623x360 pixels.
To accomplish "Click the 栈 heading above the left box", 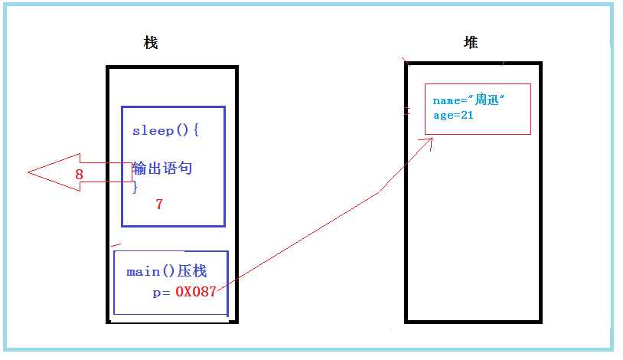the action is point(151,43).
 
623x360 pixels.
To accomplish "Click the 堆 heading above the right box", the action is point(471,42).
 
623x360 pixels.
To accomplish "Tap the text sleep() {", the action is point(165,130).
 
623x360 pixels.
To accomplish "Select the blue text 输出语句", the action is point(162,168).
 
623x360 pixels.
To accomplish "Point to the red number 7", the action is point(159,204).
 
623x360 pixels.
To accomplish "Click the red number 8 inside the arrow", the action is point(79,174).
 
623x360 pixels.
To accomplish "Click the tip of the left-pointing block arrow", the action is point(28,172).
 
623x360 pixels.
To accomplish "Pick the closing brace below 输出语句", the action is point(135,187).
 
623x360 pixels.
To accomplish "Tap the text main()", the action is point(150,272).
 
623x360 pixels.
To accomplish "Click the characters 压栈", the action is point(192,271).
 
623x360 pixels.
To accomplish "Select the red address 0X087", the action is point(195,292).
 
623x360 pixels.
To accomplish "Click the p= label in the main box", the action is point(161,293).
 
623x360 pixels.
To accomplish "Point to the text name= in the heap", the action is point(450,100).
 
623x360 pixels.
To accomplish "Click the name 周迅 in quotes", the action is point(487,99).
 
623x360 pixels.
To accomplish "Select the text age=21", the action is point(453,116).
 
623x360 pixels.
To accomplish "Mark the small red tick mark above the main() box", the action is point(116,244).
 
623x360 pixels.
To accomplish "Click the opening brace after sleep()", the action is point(196,130).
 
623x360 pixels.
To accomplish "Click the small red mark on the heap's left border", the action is point(406,110).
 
